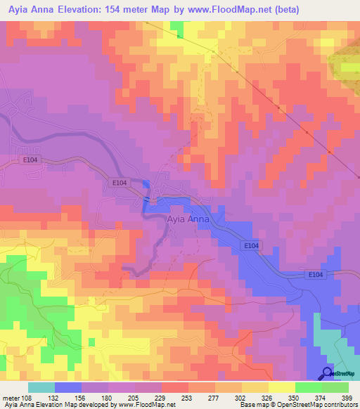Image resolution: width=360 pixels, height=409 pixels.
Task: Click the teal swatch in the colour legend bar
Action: tap(41, 387)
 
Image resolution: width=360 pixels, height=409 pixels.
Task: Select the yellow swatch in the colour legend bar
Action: tap(282, 387)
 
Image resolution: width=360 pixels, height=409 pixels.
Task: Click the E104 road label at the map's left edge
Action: tap(28, 162)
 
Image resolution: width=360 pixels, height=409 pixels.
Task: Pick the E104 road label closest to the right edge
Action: tap(315, 275)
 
